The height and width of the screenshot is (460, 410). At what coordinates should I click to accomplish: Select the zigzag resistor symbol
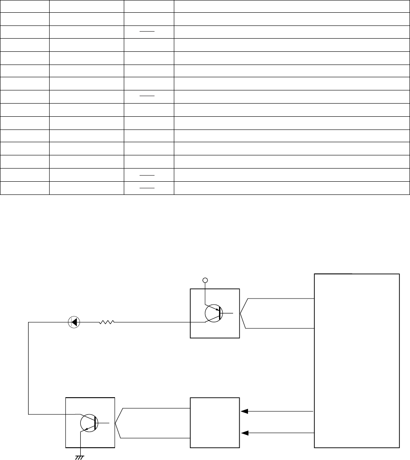(107, 322)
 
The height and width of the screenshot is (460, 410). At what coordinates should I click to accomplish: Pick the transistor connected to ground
(90, 423)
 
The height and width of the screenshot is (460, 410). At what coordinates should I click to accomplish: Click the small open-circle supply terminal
(204, 279)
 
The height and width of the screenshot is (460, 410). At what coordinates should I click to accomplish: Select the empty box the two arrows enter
(215, 423)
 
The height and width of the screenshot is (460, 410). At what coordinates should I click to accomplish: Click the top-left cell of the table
(24, 6)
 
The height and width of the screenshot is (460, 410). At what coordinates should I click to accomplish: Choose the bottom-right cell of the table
(291, 189)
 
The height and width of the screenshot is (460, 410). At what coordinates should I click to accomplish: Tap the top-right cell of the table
(291, 6)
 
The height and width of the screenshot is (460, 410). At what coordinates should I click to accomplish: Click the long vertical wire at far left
(29, 368)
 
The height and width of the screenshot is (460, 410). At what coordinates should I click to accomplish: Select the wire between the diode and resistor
(90, 322)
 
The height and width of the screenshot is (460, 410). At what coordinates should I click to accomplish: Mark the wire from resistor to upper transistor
(160, 322)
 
